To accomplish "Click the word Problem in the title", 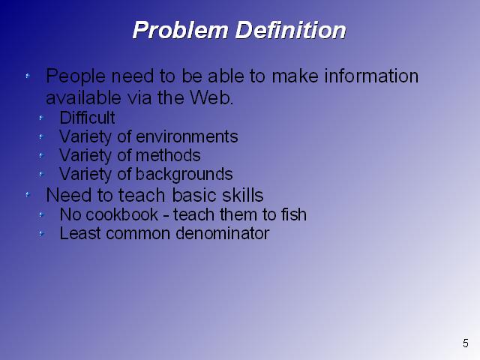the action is point(181,30).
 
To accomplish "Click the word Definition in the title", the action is point(290,30).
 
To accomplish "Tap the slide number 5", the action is point(466,343).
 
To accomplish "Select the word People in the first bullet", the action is point(76,76).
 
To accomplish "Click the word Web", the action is point(211,97).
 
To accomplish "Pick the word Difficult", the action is point(87,118).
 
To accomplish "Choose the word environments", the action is point(187,136).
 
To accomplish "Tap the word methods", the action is point(168,155).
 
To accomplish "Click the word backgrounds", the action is point(184,175).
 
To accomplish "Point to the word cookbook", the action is point(121,214).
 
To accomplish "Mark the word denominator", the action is point(223,233).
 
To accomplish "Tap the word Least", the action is point(80,233).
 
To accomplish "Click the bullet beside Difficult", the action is point(41,118).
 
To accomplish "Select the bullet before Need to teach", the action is point(28,194).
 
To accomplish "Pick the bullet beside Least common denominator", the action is point(41,234).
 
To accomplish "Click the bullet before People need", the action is point(28,75).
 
